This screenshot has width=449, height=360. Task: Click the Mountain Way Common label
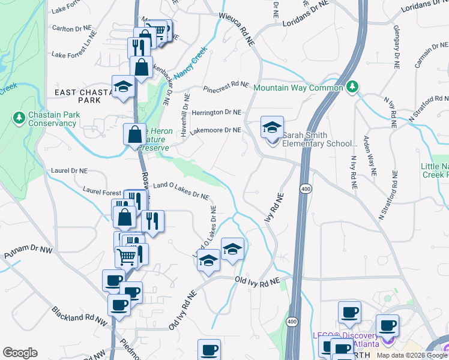[x=298, y=88]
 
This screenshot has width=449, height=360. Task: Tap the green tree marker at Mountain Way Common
[x=353, y=88]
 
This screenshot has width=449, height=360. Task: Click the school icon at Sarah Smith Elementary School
[x=272, y=128]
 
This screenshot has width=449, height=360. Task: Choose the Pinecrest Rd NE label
[x=226, y=85]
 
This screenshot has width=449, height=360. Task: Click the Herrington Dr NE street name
[x=216, y=112]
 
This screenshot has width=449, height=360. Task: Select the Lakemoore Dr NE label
[x=215, y=130]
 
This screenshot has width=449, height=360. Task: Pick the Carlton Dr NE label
[x=71, y=28]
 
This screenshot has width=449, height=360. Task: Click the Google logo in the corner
[x=20, y=353]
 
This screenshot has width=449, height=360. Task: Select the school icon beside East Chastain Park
[x=123, y=87]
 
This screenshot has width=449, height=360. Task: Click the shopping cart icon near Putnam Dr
[x=126, y=256]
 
